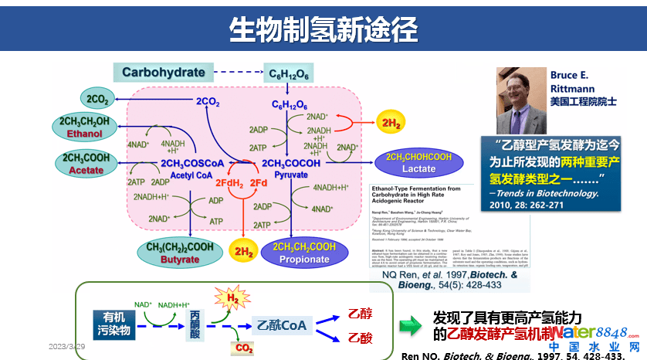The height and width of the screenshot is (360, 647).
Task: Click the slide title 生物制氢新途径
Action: (x=323, y=29)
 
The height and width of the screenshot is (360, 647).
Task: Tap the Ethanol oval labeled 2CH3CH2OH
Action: (x=86, y=127)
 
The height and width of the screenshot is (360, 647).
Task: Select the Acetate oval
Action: (x=86, y=163)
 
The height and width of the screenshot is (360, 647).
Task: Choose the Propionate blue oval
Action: (x=303, y=253)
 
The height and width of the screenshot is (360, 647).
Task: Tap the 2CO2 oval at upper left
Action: (x=98, y=99)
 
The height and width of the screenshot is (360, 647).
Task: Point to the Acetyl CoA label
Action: (x=185, y=175)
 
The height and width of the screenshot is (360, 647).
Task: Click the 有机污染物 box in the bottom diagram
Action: (x=113, y=323)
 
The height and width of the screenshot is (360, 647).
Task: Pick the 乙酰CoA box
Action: (x=281, y=325)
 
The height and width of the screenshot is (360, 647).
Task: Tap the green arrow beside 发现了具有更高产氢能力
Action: (x=410, y=325)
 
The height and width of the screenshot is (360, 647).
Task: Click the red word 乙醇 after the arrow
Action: (x=360, y=313)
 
